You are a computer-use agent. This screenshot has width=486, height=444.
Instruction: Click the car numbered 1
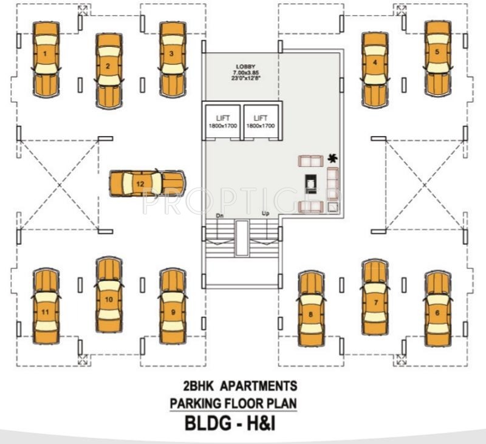(x=46, y=60)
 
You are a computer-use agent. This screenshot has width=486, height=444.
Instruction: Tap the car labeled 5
(x=437, y=58)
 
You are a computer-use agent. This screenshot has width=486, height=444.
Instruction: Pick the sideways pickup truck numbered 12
(x=146, y=183)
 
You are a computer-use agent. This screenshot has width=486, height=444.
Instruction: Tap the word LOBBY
(x=247, y=66)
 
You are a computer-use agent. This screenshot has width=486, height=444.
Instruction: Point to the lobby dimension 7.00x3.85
(x=247, y=72)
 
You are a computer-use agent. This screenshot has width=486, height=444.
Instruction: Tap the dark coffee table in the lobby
(x=310, y=182)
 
